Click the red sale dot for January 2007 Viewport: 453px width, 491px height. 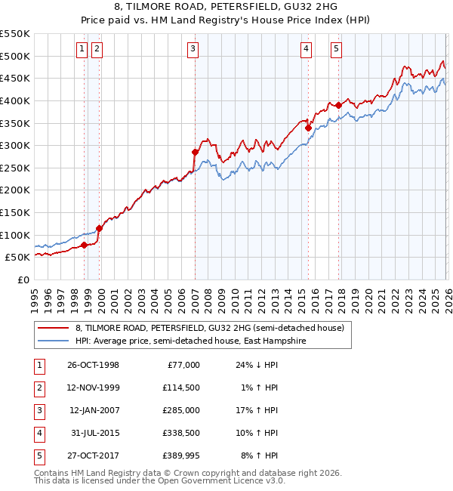(195, 153)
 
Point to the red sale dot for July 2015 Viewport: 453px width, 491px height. (308, 128)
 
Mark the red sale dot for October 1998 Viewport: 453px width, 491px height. (85, 245)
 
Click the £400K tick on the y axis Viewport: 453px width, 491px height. (15, 100)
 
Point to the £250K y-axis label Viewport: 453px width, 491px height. (15, 190)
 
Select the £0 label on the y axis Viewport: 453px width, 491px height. (23, 279)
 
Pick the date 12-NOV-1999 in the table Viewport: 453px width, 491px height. (93, 388)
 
